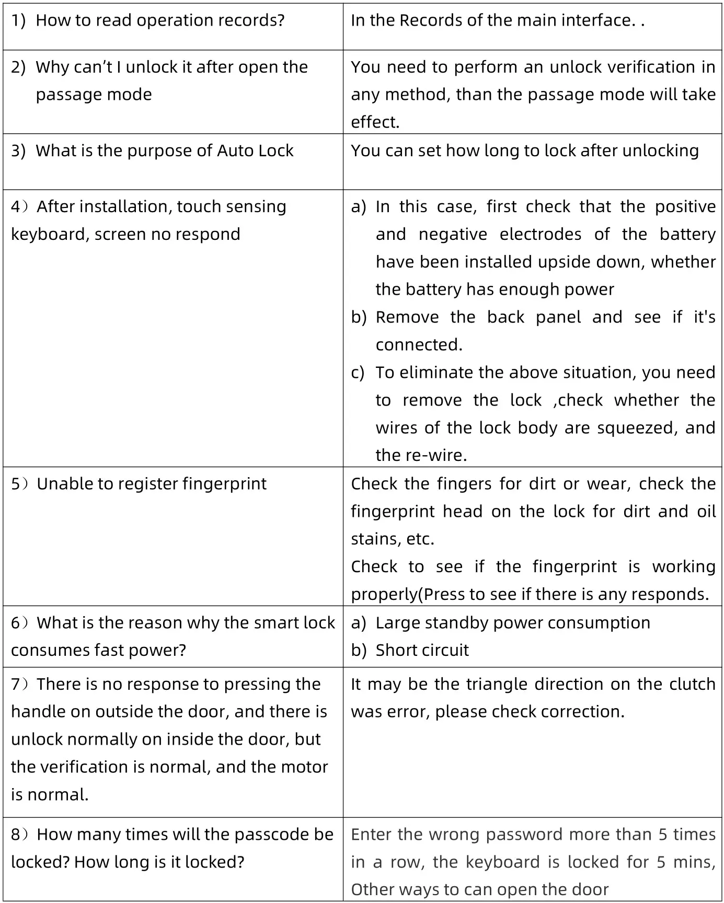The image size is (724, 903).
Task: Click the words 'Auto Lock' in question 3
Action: pos(255,151)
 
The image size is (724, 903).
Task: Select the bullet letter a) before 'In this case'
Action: pos(359,207)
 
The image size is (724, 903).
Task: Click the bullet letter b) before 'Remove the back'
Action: pos(359,318)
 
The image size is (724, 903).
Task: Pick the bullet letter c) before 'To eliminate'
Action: pos(358,373)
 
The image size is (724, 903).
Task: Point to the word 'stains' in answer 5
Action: pos(374,539)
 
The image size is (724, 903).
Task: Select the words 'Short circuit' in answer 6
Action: pos(422,651)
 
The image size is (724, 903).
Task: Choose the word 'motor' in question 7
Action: pos(304,767)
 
